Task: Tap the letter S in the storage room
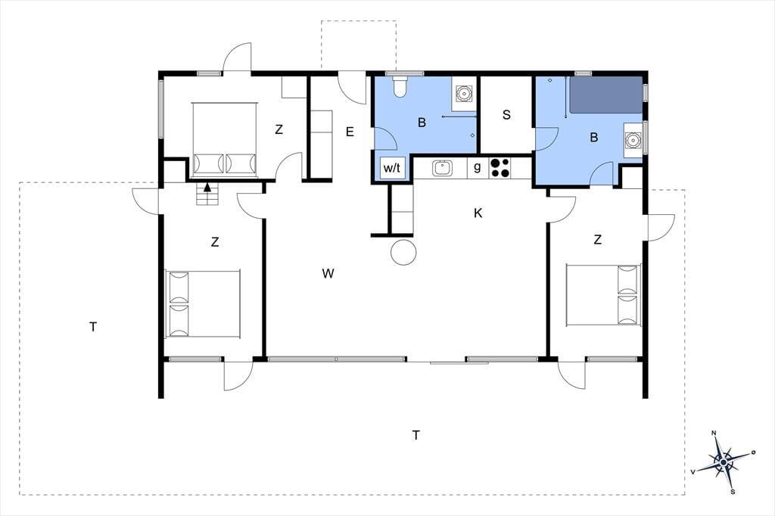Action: tap(506, 115)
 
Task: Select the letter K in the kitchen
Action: tap(478, 213)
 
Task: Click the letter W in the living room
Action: tap(328, 273)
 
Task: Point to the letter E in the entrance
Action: tap(350, 132)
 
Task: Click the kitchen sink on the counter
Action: tap(442, 168)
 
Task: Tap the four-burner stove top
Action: tap(500, 167)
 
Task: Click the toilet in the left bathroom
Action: tap(400, 86)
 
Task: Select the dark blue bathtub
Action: tap(606, 95)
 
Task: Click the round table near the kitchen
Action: tap(403, 252)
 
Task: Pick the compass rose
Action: tap(724, 462)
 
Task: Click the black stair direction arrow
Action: tap(207, 188)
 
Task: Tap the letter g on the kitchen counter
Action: tap(477, 167)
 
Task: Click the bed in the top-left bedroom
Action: tap(225, 139)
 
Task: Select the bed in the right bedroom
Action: tap(603, 296)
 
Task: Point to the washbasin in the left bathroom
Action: tap(464, 93)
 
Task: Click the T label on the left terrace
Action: tap(93, 327)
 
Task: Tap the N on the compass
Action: tap(714, 433)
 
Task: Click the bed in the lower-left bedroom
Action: tap(203, 304)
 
